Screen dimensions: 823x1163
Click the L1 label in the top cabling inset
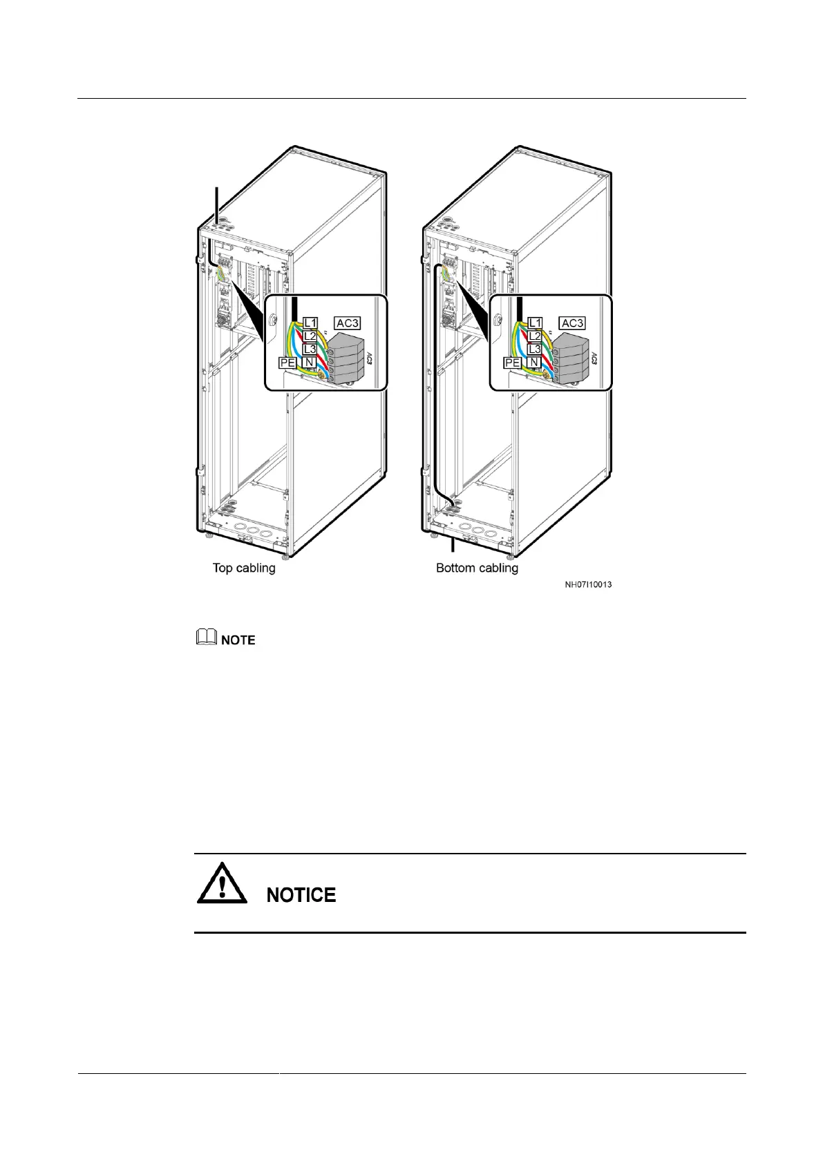(310, 323)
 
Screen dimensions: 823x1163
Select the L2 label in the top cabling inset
(310, 336)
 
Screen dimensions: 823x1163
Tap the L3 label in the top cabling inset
(310, 349)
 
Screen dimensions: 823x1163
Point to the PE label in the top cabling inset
(287, 363)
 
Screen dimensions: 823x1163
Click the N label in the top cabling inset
(310, 363)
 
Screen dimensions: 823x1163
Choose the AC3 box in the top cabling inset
(348, 323)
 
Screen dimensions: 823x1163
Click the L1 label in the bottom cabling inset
(535, 323)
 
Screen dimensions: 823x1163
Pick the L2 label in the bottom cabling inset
(535, 336)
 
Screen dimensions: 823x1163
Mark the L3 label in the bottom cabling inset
(535, 349)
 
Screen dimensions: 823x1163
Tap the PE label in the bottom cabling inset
(512, 363)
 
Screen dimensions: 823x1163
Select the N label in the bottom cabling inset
(534, 363)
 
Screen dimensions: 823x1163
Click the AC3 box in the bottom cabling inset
(572, 323)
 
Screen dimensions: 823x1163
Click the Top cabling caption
(244, 568)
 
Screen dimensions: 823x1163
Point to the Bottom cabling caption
(477, 568)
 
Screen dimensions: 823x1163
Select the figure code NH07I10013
(588, 585)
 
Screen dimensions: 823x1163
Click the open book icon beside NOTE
(206, 639)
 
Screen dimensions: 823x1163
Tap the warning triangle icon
(222, 883)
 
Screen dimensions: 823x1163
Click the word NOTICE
(301, 895)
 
